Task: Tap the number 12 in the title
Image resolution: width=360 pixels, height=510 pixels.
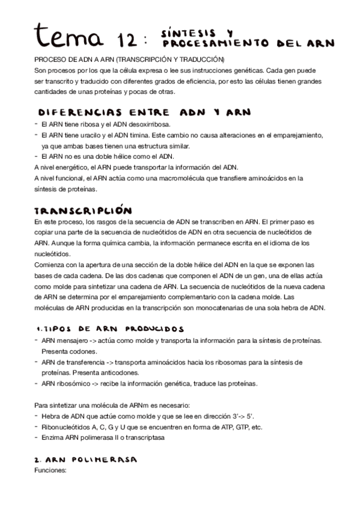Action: coord(127,39)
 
